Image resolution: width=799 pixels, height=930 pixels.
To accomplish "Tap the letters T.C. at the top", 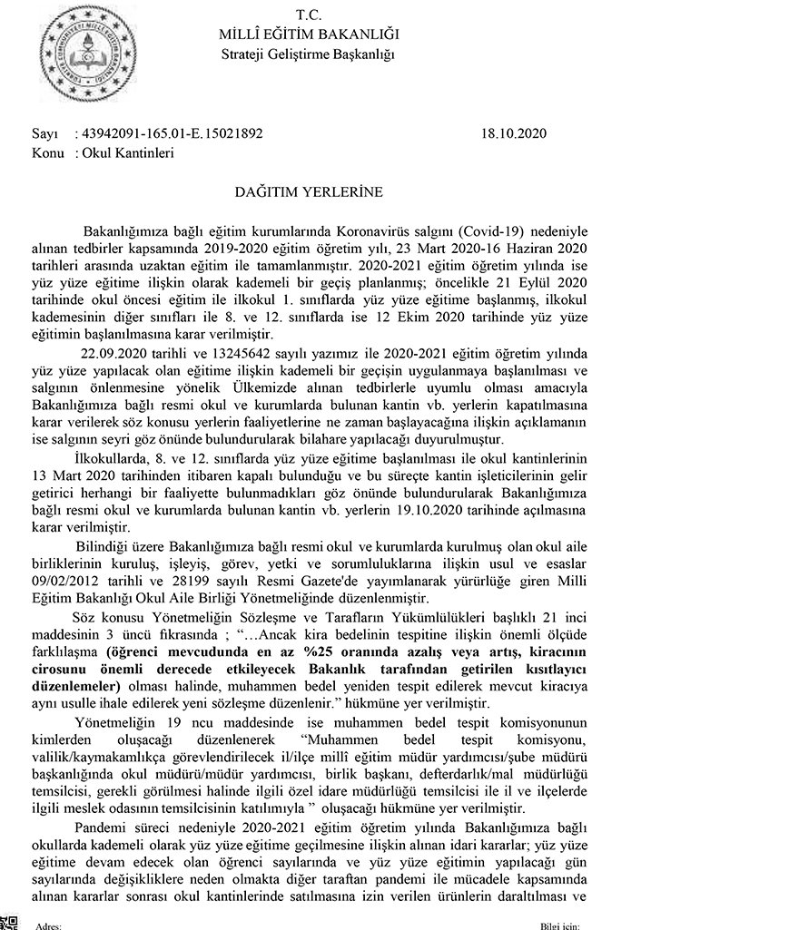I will coord(309,15).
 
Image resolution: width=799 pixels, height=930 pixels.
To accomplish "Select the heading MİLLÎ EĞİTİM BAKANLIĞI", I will coord(309,34).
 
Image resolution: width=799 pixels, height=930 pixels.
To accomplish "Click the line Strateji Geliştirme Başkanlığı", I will coord(309,54).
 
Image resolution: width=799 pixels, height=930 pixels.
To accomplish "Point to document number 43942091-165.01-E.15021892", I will coord(173,133).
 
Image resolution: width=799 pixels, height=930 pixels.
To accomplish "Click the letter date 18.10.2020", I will coord(515,133).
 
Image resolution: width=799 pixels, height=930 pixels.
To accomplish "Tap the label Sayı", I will coord(44,133).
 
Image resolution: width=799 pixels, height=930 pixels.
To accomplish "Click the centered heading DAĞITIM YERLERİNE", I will coord(309,191).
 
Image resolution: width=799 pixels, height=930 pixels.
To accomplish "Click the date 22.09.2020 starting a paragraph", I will coord(113,352).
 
